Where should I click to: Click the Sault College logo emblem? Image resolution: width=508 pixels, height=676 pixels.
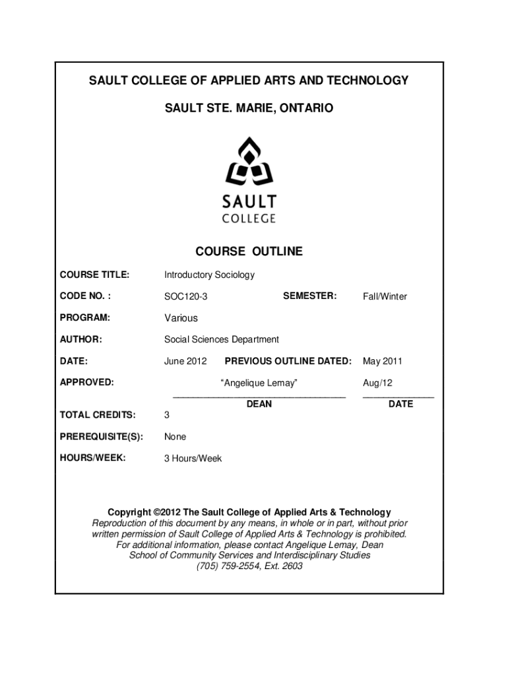249,162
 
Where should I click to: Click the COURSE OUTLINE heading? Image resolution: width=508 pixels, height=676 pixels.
249,252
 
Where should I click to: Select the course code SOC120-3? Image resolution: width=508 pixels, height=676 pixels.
185,297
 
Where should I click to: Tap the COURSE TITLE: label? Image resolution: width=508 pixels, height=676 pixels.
94,275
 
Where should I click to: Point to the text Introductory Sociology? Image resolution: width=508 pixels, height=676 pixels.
209,275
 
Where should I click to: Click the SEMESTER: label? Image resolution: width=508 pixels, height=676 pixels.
309,296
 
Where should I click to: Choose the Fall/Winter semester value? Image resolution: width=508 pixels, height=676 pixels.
385,297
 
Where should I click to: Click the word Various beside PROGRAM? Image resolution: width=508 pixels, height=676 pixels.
181,318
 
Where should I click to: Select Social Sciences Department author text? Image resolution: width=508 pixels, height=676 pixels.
221,339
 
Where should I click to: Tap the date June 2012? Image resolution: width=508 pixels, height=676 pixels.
185,361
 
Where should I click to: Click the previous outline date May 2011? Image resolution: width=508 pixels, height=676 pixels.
382,361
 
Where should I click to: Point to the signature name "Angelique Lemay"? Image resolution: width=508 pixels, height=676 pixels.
259,383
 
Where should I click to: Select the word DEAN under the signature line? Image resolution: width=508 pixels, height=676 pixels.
259,404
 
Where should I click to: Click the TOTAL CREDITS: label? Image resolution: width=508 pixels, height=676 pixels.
98,415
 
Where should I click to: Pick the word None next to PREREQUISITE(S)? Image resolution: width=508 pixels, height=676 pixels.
175,437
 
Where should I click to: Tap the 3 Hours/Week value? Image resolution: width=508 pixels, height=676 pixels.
193,458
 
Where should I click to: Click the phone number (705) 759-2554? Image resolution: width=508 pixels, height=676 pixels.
224,566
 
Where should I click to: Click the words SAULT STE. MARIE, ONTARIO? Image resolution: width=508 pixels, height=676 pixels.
249,107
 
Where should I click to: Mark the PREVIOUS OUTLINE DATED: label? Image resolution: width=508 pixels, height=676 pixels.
288,361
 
